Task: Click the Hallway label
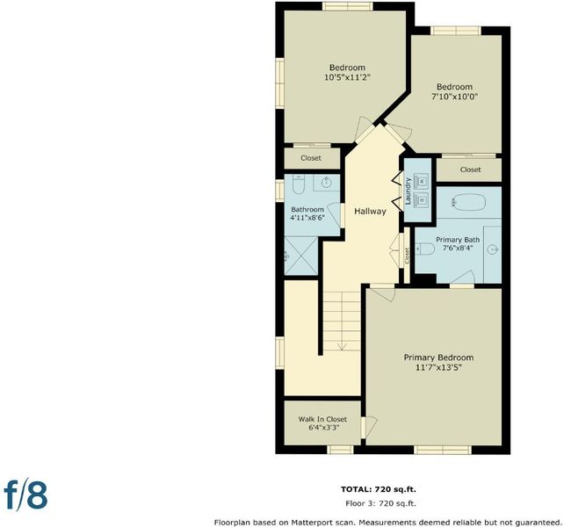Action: [x=370, y=211]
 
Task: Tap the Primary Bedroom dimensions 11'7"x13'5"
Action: [x=438, y=368]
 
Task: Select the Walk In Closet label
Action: [x=322, y=419]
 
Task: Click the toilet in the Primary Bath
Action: [x=425, y=249]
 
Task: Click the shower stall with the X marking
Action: [x=301, y=256]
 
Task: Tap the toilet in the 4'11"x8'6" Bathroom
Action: [x=299, y=184]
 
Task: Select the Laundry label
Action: [x=408, y=191]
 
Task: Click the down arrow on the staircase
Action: [x=342, y=346]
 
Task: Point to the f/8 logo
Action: [x=25, y=495]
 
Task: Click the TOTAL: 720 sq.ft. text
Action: [x=379, y=489]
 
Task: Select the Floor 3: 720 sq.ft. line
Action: [x=380, y=503]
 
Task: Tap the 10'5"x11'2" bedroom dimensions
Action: [x=347, y=77]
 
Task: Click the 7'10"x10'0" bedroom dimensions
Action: [x=455, y=97]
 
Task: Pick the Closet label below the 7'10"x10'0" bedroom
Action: [x=470, y=170]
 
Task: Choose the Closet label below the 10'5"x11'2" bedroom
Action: [x=311, y=158]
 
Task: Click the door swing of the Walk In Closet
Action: [x=372, y=426]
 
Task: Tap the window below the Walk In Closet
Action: [x=340, y=450]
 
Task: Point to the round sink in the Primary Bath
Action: [x=494, y=249]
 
